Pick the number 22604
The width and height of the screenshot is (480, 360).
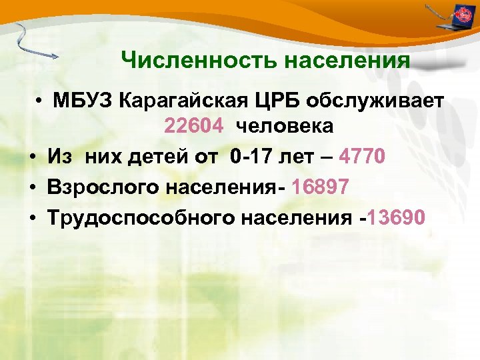[193, 126]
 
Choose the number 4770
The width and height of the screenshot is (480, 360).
[362, 157]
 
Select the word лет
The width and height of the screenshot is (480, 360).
[299, 157]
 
